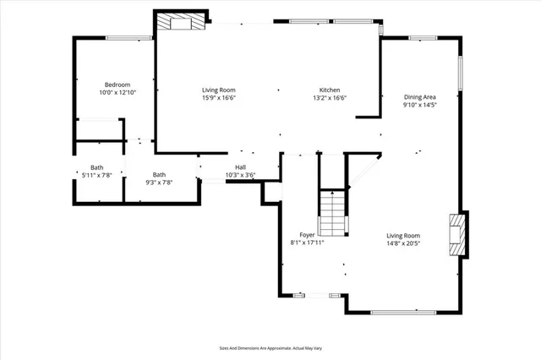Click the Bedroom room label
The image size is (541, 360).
point(117,85)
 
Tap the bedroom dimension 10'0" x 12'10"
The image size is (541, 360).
point(117,92)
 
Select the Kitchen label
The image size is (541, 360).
point(330,90)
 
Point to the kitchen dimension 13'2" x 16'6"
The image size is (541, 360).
point(330,98)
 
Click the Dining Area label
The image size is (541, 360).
point(419,98)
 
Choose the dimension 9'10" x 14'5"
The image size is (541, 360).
point(419,106)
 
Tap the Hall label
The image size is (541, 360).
point(240,167)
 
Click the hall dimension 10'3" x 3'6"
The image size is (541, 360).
point(240,175)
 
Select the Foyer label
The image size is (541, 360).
point(307,235)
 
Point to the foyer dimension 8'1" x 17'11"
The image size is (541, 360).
point(307,243)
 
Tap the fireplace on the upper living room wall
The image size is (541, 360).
point(181,23)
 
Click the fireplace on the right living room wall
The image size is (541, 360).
point(456,233)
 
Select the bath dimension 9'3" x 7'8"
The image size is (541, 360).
point(159,182)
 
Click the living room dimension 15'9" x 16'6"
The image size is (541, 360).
point(218,98)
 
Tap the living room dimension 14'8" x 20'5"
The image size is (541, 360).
point(404,243)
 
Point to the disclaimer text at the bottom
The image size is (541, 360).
point(270,346)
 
